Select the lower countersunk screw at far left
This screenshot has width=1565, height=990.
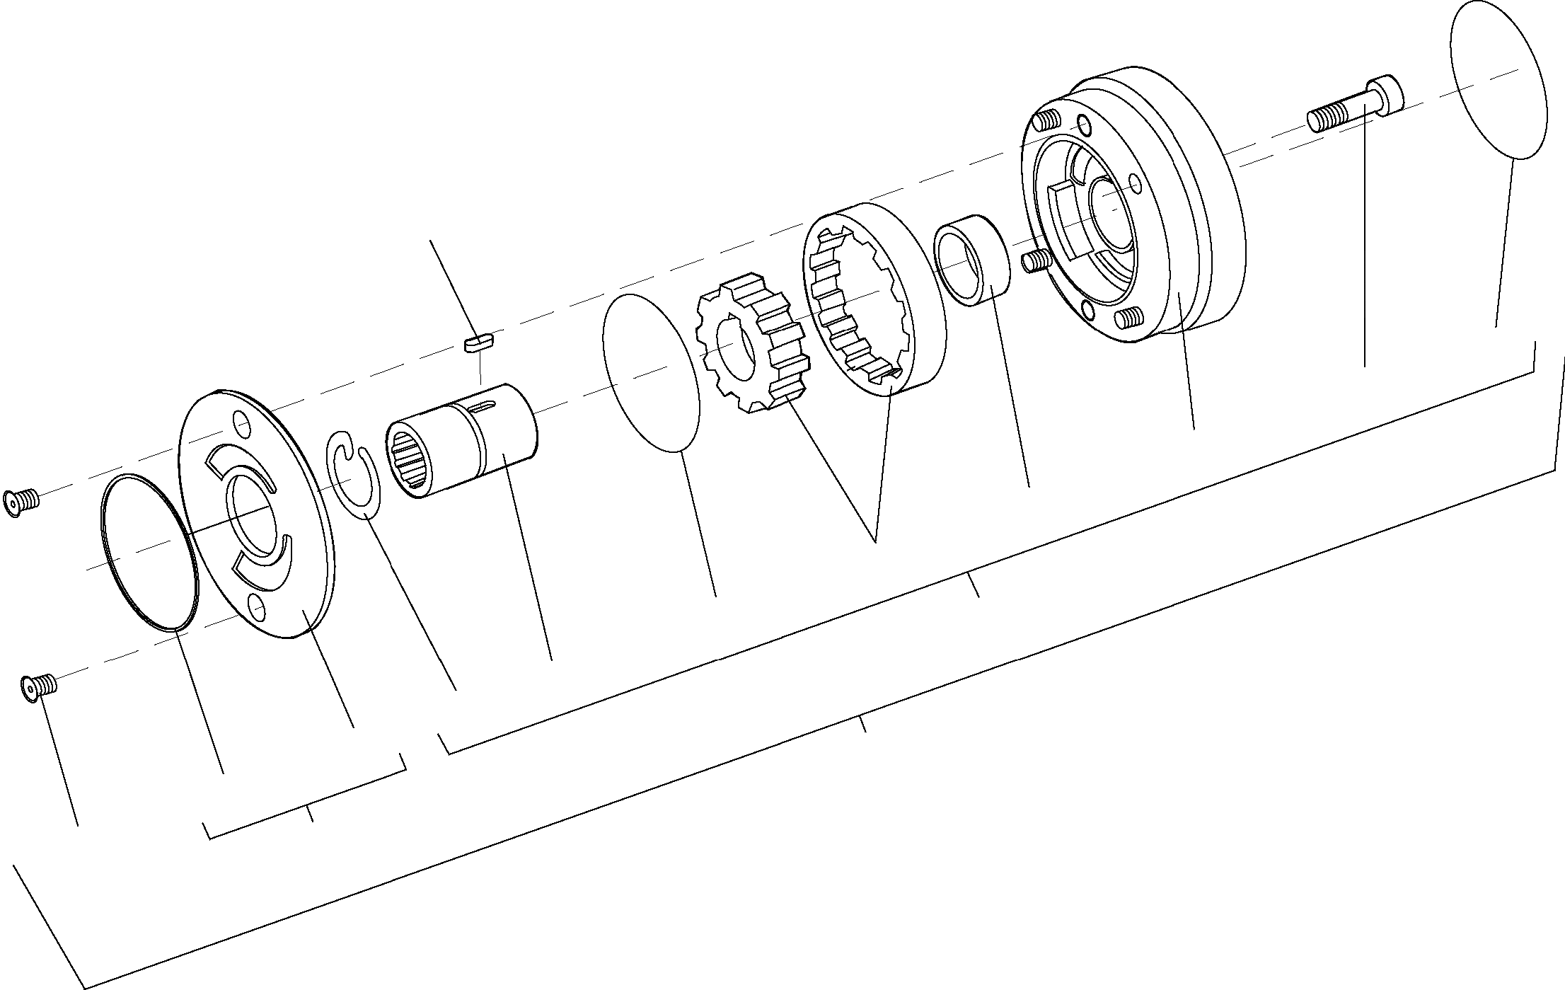38,686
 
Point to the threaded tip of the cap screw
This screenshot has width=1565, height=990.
1322,120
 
